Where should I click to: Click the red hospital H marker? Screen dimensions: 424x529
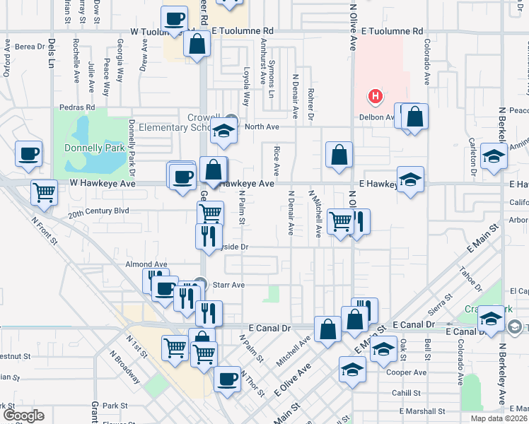[x=376, y=95]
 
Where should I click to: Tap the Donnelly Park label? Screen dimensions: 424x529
[x=94, y=148]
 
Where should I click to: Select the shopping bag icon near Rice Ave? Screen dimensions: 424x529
[x=339, y=155]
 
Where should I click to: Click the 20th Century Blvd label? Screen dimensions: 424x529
[x=98, y=211]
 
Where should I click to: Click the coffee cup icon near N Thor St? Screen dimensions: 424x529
[x=228, y=378]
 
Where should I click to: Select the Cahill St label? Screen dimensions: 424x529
[x=405, y=392]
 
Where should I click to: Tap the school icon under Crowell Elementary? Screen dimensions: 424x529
[x=223, y=132]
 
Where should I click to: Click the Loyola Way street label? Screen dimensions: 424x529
[x=247, y=87]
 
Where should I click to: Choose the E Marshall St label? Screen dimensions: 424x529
[x=422, y=411]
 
